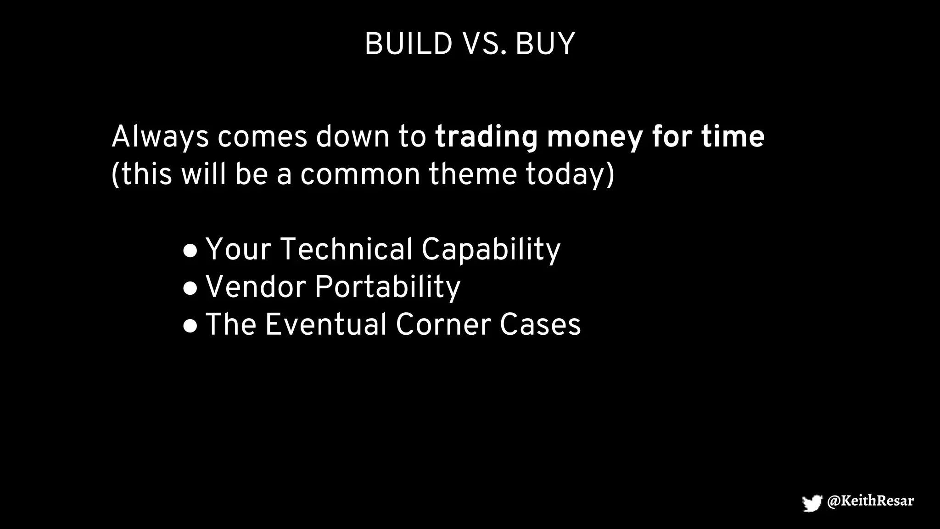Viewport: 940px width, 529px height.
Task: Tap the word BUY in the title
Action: [545, 45]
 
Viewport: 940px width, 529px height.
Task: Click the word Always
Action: [160, 137]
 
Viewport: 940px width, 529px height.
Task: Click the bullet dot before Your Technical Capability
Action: [190, 251]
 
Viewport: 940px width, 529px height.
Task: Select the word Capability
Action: [491, 249]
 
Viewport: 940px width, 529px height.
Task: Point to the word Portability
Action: [387, 287]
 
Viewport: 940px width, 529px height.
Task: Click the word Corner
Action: [443, 325]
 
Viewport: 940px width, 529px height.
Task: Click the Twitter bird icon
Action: [811, 502]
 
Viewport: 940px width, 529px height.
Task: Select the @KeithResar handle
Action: [870, 501]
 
